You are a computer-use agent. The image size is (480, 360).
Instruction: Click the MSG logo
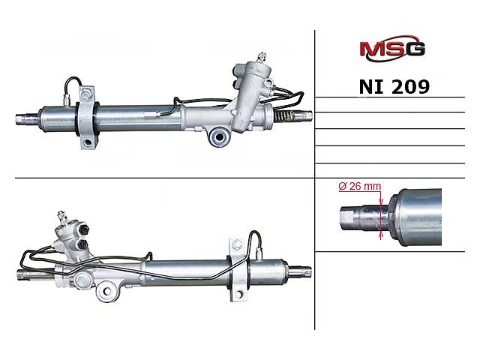coord(392,49)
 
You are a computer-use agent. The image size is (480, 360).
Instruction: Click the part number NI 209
coord(394,87)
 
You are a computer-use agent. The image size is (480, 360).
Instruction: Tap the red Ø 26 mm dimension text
coord(360,186)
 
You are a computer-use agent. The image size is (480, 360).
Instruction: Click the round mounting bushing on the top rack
coord(219,136)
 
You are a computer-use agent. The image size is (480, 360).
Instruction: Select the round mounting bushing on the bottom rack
coord(106,291)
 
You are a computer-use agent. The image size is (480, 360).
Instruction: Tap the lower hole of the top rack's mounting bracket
coord(88,142)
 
